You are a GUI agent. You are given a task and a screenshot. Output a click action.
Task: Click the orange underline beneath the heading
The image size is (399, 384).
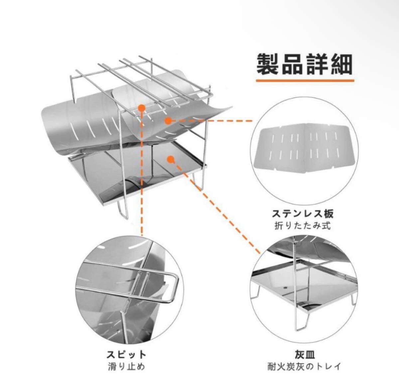click(x=305, y=80)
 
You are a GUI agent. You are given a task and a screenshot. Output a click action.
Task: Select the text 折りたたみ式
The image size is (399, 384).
click(x=303, y=226)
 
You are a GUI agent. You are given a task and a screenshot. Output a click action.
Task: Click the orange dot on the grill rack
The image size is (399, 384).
click(x=142, y=107)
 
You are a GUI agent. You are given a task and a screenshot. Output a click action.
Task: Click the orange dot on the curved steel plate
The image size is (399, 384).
click(x=168, y=120)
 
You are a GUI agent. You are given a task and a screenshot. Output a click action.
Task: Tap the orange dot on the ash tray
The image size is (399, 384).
click(x=171, y=160)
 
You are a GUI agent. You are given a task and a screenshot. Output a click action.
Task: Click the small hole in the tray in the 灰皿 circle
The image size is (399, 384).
click(x=285, y=287)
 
